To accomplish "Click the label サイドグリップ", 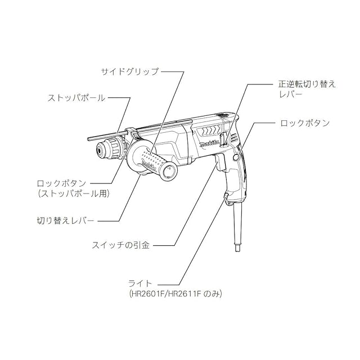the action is click(129, 71).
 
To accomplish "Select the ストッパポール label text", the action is click(77, 98).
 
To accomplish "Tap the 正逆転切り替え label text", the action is click(307, 84).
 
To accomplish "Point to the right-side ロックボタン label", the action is click(304, 122).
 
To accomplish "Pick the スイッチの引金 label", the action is click(121, 245).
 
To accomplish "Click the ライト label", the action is click(138, 282).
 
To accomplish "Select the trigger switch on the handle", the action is click(220, 163).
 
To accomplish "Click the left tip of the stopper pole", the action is click(91, 137).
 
